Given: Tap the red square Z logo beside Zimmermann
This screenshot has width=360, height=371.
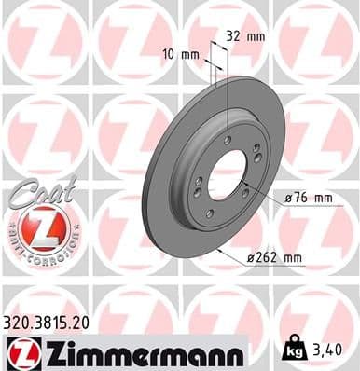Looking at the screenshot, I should click(x=20, y=353).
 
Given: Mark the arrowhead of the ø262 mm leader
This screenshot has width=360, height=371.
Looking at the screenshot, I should click(x=218, y=250).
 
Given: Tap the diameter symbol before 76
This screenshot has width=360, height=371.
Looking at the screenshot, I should click(x=285, y=199).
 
